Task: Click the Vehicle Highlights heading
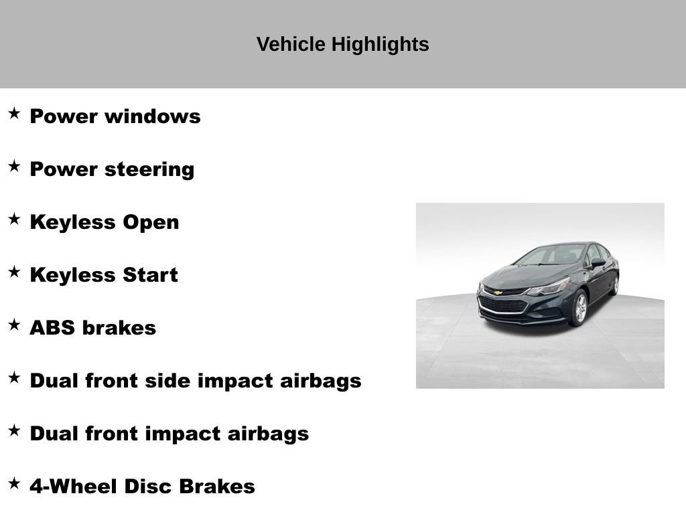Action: click(342, 44)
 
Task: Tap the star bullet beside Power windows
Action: click(14, 114)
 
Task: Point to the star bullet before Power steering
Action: click(14, 167)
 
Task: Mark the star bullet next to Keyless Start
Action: click(14, 272)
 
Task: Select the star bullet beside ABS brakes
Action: click(14, 325)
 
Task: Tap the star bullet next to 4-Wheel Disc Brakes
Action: click(14, 484)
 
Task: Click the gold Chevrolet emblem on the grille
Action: click(498, 292)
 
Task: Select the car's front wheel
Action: click(579, 308)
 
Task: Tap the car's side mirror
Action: click(596, 263)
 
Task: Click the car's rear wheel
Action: click(614, 284)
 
